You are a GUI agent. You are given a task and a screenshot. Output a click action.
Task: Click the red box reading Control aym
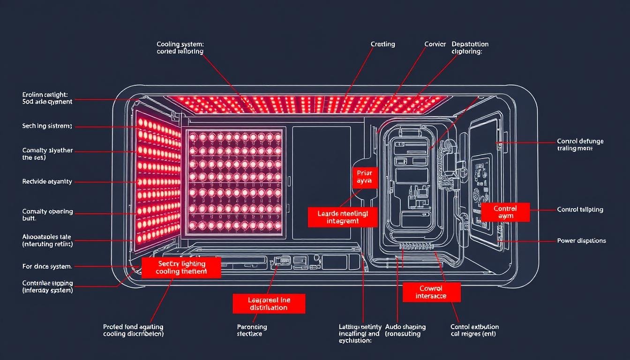point(505,212)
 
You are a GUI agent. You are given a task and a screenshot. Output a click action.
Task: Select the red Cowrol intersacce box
point(431,292)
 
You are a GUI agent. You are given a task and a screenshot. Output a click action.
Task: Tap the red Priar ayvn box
point(364,177)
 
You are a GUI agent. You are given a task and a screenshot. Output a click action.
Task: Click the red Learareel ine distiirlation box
point(269,304)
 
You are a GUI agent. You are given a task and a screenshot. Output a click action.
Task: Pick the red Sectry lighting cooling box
point(181,268)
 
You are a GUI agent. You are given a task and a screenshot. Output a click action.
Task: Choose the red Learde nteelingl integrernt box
point(343,217)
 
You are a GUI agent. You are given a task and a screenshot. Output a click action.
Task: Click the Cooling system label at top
point(180,48)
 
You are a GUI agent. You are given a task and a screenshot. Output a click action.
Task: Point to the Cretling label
point(382,44)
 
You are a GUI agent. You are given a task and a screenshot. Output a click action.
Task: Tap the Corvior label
point(435,44)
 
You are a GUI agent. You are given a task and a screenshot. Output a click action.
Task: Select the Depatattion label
point(470,48)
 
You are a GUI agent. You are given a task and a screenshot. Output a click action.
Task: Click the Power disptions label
point(581,240)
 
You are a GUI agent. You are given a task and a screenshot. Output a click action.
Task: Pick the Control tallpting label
point(580,210)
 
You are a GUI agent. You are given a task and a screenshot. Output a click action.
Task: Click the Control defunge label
point(580,144)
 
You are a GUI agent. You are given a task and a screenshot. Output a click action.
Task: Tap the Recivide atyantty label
point(47,181)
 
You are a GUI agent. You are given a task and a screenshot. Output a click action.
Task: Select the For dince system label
point(47,266)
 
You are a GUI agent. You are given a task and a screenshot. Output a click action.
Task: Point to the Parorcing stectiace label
point(252,330)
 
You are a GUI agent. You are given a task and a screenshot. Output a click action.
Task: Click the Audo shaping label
point(405,330)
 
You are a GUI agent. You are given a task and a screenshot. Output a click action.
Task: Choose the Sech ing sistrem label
point(47,126)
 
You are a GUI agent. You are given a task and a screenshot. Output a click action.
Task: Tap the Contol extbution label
point(474,330)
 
